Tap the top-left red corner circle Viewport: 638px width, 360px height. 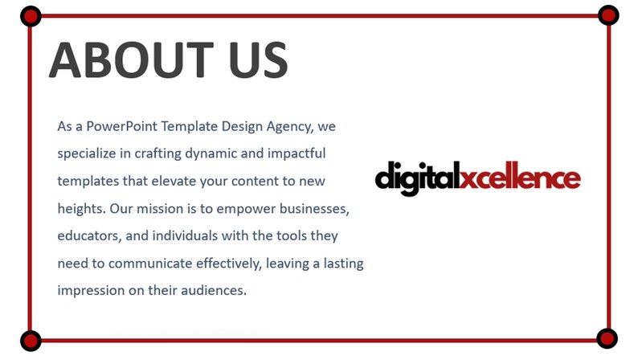[x=30, y=15]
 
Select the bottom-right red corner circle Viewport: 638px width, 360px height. [x=607, y=338]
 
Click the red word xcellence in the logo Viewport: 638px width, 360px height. [x=520, y=176]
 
